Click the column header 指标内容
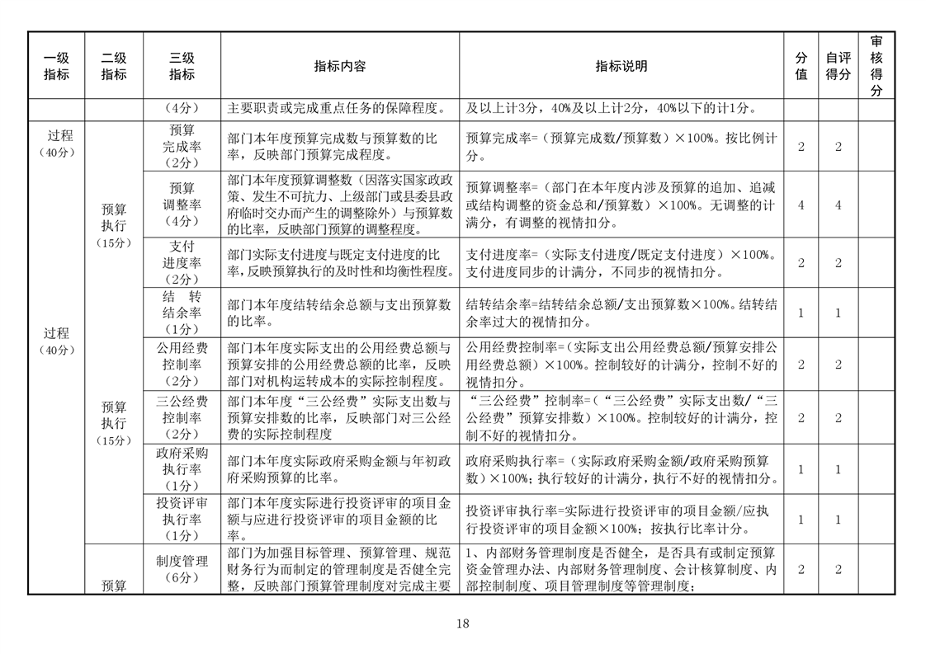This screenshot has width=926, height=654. pos(339,66)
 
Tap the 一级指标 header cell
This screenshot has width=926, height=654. pos(56,66)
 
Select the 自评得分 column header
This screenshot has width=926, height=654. pos(838,66)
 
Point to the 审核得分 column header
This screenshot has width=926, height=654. pos(876,66)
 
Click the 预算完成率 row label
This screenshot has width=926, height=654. pos(182,146)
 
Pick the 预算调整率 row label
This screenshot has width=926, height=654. pos(182,204)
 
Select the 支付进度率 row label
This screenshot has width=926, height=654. pos(182,262)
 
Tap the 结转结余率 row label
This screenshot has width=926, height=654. pos(182,312)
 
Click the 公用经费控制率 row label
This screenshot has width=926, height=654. pos(182,364)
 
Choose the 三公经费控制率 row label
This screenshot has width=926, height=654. pos(182,417)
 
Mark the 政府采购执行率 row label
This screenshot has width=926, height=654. pos(182,468)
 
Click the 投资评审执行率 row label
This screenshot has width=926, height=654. pos(182,519)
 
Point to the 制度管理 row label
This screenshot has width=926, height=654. pos(182,569)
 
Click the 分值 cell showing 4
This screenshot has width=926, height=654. pos(801,205)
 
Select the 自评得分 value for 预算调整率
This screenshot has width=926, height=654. pos(838,205)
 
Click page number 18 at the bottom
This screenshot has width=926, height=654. pos(462,623)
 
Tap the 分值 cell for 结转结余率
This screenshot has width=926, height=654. pos(801,313)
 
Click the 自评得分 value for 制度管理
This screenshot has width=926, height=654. pos(838,569)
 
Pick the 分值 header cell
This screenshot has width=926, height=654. pos(801,66)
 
